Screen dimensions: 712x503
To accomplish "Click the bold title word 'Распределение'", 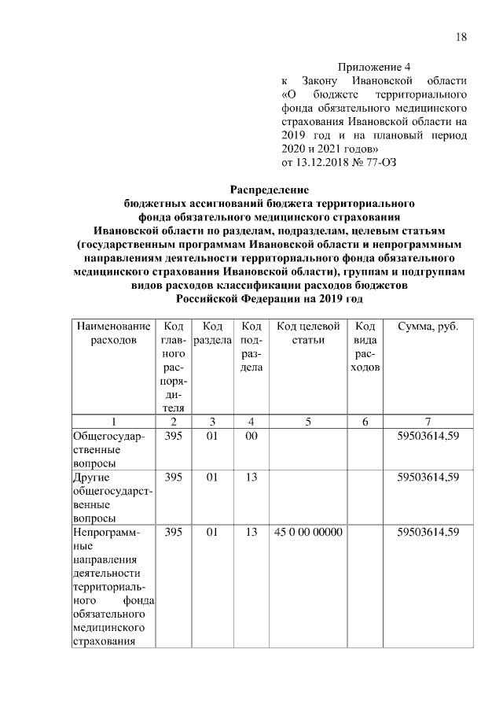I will point(269,190).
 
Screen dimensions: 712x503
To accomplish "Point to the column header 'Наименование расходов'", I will point(112,333).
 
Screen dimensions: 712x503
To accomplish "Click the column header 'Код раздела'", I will point(211,333).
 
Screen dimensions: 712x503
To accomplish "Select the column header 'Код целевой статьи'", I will point(308,333).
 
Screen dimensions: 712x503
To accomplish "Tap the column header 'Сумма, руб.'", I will point(428,326).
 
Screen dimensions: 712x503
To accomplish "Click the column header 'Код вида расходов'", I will point(365,347).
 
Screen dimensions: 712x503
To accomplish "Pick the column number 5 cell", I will point(308,421).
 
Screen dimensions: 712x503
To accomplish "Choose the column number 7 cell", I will point(428,421).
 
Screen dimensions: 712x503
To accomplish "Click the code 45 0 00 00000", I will point(308,533).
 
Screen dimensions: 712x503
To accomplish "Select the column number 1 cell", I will point(112,421).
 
